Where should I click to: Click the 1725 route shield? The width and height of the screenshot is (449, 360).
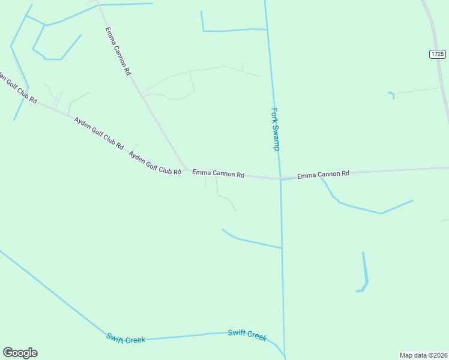(438, 54)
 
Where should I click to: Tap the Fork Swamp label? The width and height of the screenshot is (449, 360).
(276, 129)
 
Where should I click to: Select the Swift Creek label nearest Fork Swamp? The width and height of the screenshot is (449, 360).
(247, 335)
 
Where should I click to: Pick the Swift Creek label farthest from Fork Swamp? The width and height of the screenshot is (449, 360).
(126, 338)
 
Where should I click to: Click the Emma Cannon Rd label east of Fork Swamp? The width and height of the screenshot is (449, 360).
(323, 175)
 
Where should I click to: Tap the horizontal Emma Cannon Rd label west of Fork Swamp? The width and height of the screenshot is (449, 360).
(218, 173)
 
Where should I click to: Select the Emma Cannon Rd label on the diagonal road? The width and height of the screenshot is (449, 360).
(118, 50)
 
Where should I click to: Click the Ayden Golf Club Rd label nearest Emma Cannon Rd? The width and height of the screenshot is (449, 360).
(155, 163)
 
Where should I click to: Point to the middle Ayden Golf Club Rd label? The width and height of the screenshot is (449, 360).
(99, 133)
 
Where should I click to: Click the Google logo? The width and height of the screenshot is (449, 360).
(20, 353)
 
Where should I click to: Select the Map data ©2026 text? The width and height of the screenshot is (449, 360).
(423, 355)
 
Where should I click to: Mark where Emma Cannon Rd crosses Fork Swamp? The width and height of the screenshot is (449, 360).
(280, 178)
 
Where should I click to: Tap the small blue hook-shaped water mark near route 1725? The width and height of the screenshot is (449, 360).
(392, 95)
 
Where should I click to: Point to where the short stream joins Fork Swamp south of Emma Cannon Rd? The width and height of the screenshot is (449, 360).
(282, 248)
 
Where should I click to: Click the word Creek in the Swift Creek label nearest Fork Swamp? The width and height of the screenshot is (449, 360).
(256, 337)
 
